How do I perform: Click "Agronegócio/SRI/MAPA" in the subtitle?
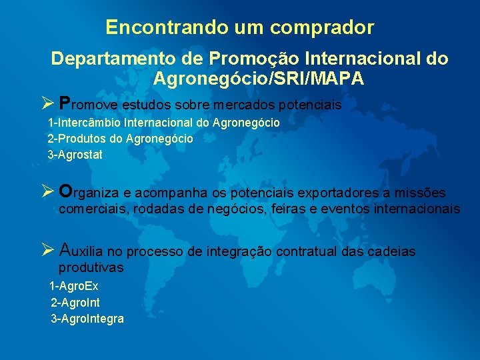[259, 79]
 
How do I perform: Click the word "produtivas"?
[91, 267]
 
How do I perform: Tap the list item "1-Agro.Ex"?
[74, 286]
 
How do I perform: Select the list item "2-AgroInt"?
[75, 302]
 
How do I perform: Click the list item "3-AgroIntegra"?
[87, 319]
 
